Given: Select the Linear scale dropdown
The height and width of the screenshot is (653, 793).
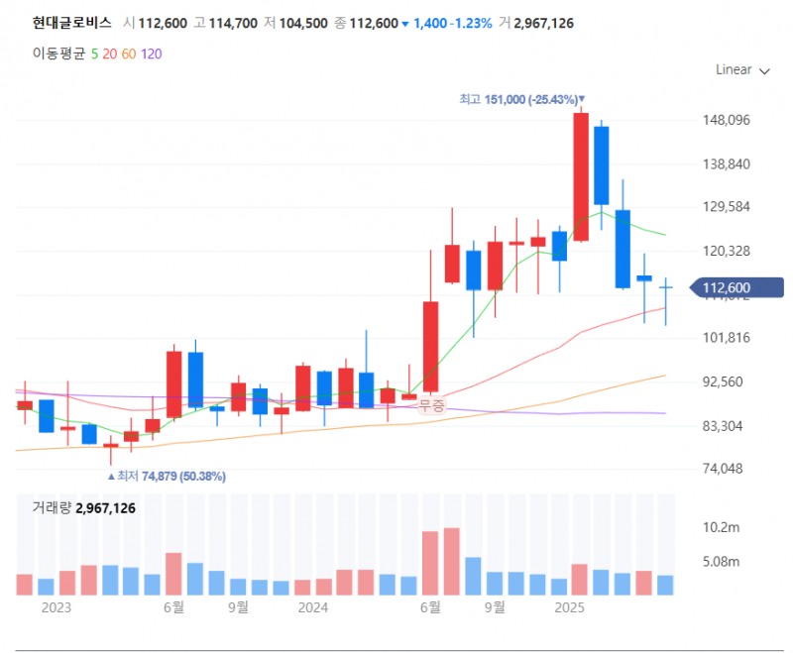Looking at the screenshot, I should pyautogui.click(x=741, y=70).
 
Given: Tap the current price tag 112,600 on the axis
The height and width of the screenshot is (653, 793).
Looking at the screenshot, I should pyautogui.click(x=725, y=288).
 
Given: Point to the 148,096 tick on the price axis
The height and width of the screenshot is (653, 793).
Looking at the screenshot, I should pyautogui.click(x=726, y=121).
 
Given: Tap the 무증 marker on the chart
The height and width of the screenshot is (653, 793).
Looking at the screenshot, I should pyautogui.click(x=432, y=404).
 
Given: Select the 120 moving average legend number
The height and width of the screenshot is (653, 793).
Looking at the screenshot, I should pyautogui.click(x=151, y=54).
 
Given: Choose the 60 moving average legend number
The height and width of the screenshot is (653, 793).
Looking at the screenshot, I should pyautogui.click(x=128, y=54).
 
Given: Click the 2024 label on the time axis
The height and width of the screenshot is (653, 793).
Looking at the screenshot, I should pyautogui.click(x=313, y=607).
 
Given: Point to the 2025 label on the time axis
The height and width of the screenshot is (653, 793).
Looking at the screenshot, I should pyautogui.click(x=569, y=607).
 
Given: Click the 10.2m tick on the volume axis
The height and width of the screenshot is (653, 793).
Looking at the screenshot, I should pyautogui.click(x=721, y=526).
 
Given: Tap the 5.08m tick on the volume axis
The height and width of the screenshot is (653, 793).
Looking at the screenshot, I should pyautogui.click(x=721, y=561).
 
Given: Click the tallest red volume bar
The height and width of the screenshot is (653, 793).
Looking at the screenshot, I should pyautogui.click(x=452, y=562).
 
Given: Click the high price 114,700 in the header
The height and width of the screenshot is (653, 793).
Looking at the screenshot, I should pyautogui.click(x=234, y=23).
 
